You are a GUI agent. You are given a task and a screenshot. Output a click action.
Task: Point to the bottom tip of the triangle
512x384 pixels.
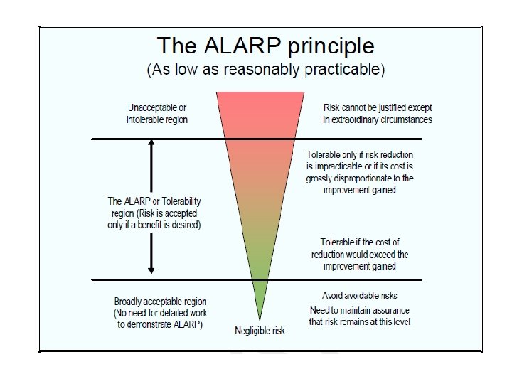(x=259, y=319)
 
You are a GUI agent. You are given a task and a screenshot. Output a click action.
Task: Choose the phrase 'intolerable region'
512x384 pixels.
(x=157, y=119)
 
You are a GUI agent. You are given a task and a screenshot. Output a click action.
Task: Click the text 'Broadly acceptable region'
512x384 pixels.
(x=160, y=302)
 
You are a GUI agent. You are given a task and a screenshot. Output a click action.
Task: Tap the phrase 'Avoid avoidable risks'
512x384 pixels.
(x=358, y=295)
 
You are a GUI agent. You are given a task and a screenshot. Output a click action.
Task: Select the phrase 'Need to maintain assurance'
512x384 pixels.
(x=360, y=310)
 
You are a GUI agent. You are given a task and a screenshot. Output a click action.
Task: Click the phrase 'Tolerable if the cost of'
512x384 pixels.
(x=360, y=242)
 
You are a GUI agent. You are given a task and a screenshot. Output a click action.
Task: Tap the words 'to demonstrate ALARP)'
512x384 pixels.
(x=160, y=324)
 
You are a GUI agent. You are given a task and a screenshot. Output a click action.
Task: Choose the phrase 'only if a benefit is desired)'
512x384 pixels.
(x=154, y=225)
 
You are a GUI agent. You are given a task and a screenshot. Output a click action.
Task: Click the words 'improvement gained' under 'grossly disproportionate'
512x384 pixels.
(x=360, y=191)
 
